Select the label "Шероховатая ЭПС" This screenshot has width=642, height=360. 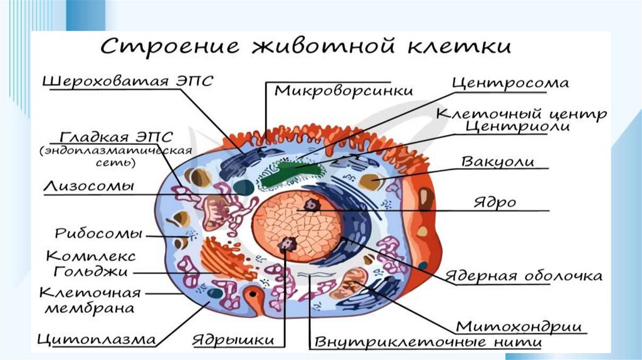(x=128, y=81)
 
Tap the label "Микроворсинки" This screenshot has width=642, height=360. (x=344, y=90)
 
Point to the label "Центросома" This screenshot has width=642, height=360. (x=510, y=83)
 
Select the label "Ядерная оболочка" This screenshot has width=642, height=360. (x=524, y=276)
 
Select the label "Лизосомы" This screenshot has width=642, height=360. (x=90, y=186)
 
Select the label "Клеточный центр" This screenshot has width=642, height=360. (x=521, y=115)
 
